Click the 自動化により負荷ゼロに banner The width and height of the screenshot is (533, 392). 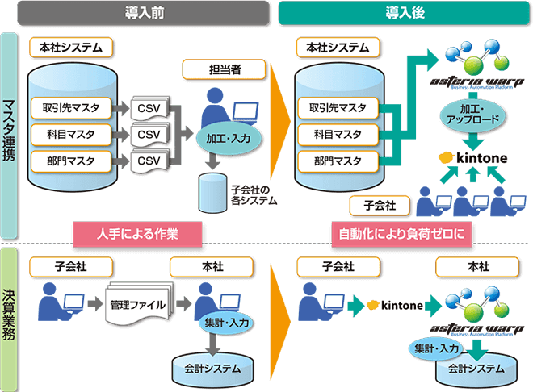tap(402, 232)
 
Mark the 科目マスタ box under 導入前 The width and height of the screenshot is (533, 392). tap(69, 133)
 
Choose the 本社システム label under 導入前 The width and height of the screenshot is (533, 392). tap(69, 48)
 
